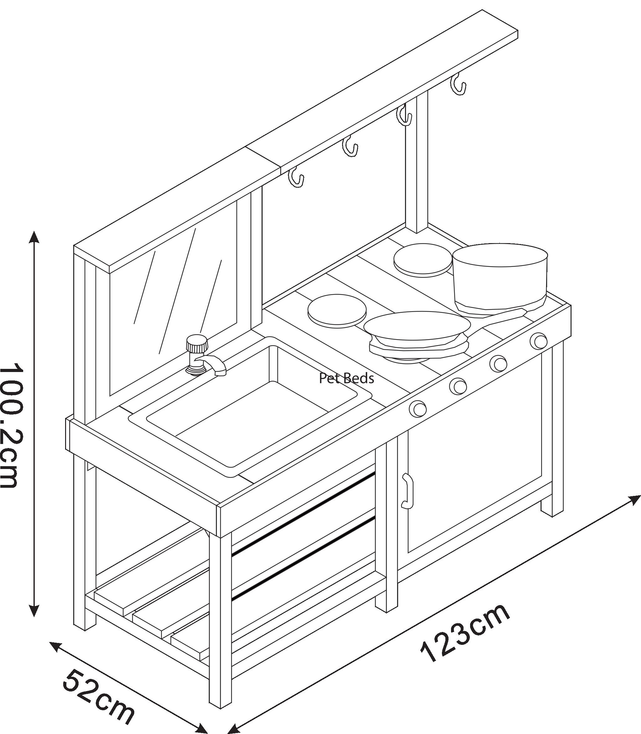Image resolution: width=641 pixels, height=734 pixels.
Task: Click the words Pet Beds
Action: [346, 378]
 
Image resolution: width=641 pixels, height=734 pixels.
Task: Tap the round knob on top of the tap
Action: [197, 344]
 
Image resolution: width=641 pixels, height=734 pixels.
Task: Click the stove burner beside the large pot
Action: [423, 260]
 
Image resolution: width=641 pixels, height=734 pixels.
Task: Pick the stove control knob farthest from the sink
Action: [538, 341]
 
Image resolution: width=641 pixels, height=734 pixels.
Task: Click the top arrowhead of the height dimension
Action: [34, 237]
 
